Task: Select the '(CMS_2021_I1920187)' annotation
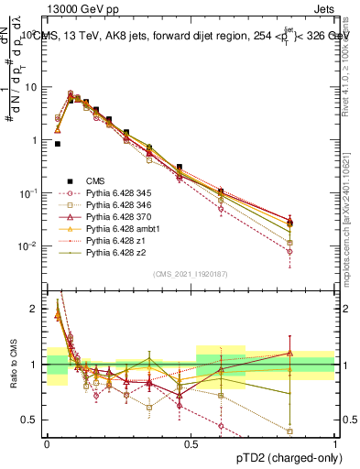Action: click(191, 274)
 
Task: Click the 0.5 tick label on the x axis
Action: click(191, 443)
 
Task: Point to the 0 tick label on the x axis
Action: click(46, 443)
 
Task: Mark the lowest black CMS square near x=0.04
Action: click(58, 144)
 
